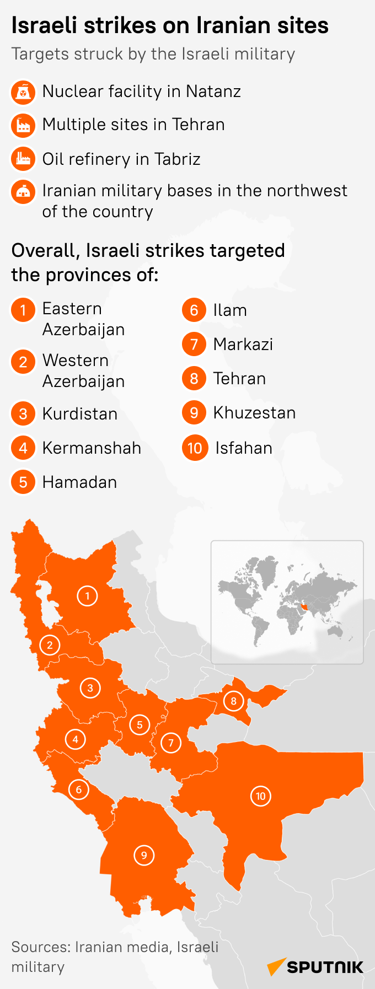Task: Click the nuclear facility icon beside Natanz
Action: click(x=23, y=93)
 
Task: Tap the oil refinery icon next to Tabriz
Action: click(x=23, y=159)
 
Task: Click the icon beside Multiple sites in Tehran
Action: click(x=23, y=126)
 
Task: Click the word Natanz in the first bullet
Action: click(x=213, y=92)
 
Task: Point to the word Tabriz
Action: click(x=177, y=159)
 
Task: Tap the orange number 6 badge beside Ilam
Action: click(x=194, y=310)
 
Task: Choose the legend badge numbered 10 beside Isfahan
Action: click(x=195, y=448)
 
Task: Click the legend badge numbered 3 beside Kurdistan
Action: click(x=23, y=413)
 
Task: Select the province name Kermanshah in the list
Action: click(x=92, y=448)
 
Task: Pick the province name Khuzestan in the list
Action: click(x=254, y=413)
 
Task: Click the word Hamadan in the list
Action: click(x=79, y=482)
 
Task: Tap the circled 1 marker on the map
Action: click(x=87, y=596)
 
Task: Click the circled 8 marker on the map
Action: click(x=233, y=701)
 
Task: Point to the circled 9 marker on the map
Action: click(x=144, y=855)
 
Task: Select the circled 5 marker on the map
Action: click(x=140, y=725)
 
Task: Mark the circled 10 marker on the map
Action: click(x=261, y=796)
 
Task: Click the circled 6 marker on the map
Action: click(x=78, y=789)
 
